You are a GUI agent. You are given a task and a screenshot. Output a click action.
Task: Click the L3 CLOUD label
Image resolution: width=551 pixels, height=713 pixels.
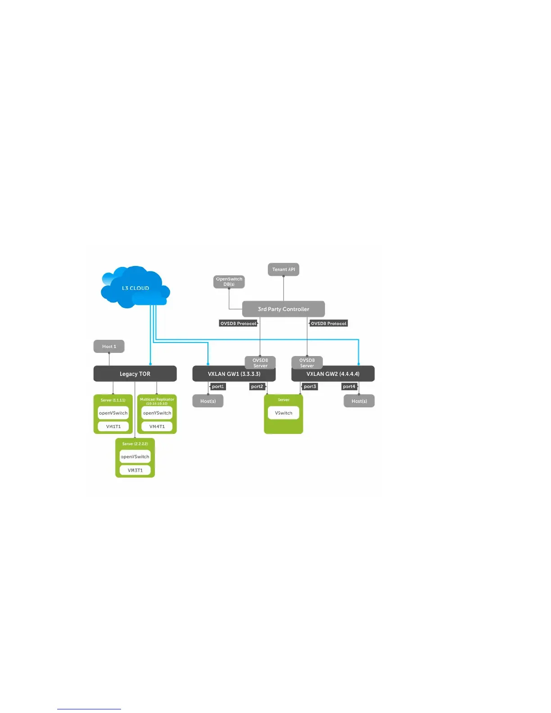pyautogui.click(x=135, y=288)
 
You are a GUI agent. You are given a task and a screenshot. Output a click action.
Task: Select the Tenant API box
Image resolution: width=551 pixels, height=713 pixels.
pyautogui.click(x=284, y=270)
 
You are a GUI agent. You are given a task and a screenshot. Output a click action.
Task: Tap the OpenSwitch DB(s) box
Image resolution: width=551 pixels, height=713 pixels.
pyautogui.click(x=229, y=282)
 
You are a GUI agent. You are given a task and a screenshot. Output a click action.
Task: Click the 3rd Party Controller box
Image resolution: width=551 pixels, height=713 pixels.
pyautogui.click(x=283, y=309)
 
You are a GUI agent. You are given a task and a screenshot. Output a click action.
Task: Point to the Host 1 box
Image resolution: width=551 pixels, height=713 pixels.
pyautogui.click(x=109, y=347)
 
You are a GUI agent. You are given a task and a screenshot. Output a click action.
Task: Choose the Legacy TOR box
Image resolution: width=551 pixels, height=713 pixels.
pyautogui.click(x=135, y=374)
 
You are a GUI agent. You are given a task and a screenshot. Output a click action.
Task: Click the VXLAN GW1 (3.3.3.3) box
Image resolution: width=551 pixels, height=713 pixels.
pyautogui.click(x=234, y=374)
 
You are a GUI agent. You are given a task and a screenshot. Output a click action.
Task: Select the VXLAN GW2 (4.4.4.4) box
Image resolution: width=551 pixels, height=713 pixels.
pyautogui.click(x=333, y=374)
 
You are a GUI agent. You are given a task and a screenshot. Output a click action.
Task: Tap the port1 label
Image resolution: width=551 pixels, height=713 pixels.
pyautogui.click(x=218, y=387)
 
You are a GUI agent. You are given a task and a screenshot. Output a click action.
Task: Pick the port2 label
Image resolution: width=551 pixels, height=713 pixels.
pyautogui.click(x=257, y=387)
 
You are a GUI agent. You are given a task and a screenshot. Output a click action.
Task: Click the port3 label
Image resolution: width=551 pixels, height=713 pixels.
pyautogui.click(x=310, y=387)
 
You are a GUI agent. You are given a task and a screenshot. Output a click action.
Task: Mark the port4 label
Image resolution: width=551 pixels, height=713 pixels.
pyautogui.click(x=349, y=387)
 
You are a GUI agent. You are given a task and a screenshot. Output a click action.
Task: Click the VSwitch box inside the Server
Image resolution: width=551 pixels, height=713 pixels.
pyautogui.click(x=284, y=413)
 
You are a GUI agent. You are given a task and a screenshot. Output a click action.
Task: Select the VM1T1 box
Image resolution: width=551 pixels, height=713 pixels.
pyautogui.click(x=113, y=426)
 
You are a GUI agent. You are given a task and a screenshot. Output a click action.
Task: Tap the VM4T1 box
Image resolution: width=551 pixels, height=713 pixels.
pyautogui.click(x=157, y=426)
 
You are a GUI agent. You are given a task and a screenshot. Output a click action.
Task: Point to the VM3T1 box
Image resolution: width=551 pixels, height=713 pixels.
pyautogui.click(x=135, y=470)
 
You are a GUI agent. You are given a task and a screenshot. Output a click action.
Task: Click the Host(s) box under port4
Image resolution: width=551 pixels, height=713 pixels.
pyautogui.click(x=359, y=401)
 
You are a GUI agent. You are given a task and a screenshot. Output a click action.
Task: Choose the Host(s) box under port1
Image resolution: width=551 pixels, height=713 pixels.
pyautogui.click(x=208, y=401)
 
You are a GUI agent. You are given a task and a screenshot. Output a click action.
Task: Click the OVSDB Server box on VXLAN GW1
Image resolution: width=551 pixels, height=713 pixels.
pyautogui.click(x=260, y=362)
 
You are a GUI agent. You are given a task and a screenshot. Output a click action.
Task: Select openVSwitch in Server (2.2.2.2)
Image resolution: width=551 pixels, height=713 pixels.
pyautogui.click(x=135, y=456)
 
